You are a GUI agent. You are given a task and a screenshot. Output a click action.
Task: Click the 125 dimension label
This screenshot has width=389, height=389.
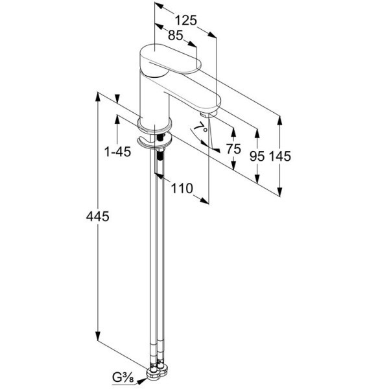pyautogui.click(x=186, y=20)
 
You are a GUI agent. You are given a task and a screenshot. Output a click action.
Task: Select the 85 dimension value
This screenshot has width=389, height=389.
pyautogui.click(x=176, y=35)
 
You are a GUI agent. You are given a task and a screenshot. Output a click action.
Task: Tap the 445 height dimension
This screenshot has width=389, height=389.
pyautogui.click(x=97, y=217)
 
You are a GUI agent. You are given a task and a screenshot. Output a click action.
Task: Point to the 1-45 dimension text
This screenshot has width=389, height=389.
pyautogui.click(x=117, y=152)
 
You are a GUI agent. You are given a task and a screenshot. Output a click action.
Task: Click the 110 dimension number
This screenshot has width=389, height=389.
pyautogui.click(x=182, y=188)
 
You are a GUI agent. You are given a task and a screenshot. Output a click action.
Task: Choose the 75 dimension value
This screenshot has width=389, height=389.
pyautogui.click(x=233, y=149)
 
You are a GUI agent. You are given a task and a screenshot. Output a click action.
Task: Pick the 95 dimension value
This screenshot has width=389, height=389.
pyautogui.click(x=257, y=156)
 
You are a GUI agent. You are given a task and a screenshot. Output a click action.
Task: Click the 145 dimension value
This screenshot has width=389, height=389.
pyautogui.click(x=279, y=156)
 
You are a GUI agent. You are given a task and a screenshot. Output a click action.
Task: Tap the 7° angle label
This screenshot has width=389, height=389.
pyautogui.click(x=200, y=128)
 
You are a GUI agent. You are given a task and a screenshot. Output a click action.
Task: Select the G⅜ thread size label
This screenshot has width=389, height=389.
pyautogui.click(x=123, y=378)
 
